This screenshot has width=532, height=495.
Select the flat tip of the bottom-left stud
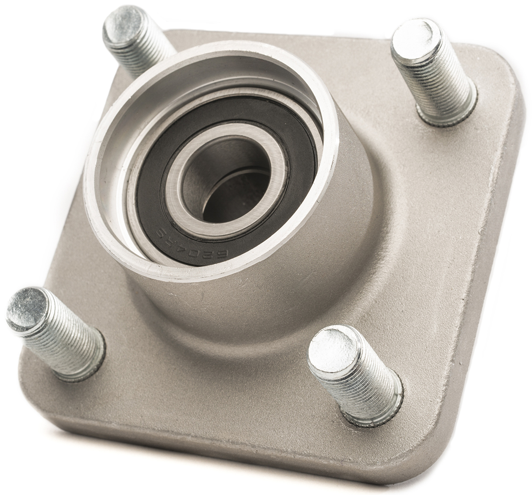tap(27, 308)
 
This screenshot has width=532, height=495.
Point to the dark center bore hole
tap(231, 194)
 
